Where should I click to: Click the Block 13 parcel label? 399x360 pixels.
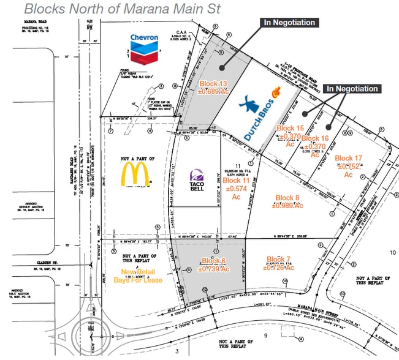tap(213, 87)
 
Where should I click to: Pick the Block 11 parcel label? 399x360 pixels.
tap(236, 189)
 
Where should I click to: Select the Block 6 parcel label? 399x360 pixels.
tap(215, 264)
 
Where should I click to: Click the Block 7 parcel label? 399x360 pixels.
tap(280, 263)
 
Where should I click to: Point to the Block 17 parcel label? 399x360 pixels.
tap(349, 166)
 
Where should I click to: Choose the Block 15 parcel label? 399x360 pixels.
tap(290, 136)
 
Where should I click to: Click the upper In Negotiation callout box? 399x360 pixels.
tap(289, 23)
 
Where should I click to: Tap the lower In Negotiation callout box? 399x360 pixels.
tap(352, 89)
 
